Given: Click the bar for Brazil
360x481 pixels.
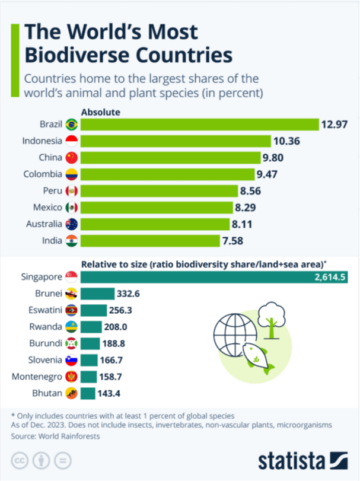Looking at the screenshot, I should pyautogui.click(x=199, y=125).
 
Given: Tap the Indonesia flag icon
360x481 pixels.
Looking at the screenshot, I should pyautogui.click(x=71, y=141).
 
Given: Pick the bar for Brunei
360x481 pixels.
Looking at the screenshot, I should pyautogui.click(x=97, y=293).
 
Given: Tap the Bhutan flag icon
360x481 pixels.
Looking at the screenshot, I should pyautogui.click(x=71, y=393).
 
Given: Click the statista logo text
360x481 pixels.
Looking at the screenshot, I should pyautogui.click(x=291, y=461).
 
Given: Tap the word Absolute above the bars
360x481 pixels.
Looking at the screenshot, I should pyautogui.click(x=101, y=112).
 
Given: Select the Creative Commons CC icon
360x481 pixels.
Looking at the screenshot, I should pyautogui.click(x=20, y=460).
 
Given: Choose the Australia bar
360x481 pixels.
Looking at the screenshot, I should pyautogui.click(x=155, y=224).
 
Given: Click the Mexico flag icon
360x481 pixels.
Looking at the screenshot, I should pyautogui.click(x=71, y=208).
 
